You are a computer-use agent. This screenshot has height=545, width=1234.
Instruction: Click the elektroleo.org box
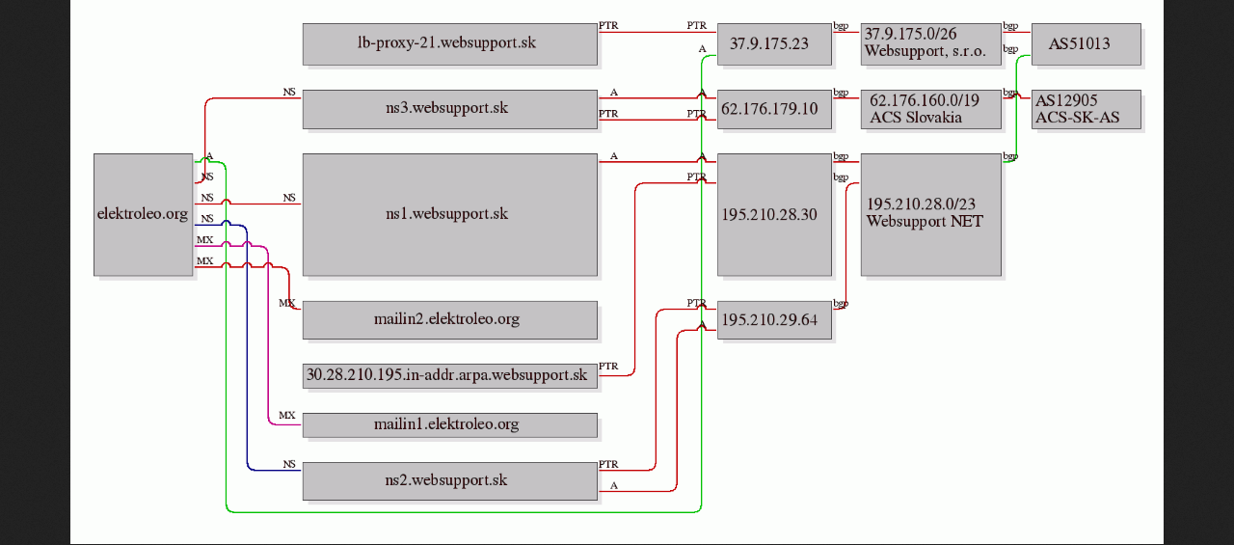[144, 214]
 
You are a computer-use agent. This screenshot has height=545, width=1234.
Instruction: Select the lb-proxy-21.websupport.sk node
[449, 44]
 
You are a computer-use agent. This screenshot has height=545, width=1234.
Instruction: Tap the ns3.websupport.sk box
[449, 109]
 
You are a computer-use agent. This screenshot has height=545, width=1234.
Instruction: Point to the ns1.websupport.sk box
[449, 214]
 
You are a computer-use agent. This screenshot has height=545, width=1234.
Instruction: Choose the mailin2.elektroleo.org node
[449, 319]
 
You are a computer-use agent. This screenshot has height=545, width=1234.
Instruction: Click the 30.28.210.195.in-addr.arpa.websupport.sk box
[449, 376]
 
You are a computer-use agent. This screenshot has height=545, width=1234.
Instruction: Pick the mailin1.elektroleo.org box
[449, 424]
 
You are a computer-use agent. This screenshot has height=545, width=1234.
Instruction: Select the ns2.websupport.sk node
[449, 481]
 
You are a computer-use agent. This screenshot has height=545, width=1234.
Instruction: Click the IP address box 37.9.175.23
[774, 44]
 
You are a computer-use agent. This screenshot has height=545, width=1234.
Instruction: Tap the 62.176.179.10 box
[774, 109]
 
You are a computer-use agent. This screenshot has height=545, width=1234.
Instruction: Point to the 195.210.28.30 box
[774, 214]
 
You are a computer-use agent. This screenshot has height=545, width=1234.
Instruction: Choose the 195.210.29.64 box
[774, 319]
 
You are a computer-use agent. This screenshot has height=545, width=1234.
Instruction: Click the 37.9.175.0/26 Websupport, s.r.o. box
[931, 44]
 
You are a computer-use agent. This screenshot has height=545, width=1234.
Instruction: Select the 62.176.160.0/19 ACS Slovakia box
[931, 109]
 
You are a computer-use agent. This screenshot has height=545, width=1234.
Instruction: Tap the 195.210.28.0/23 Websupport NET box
[931, 214]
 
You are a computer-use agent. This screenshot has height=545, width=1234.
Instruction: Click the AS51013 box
[1086, 44]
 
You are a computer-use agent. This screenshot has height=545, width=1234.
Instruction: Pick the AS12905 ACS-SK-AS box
[1086, 109]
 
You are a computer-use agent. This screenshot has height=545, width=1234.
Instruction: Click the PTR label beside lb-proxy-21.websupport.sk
[608, 25]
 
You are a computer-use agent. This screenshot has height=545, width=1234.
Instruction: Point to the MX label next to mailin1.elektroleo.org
[287, 415]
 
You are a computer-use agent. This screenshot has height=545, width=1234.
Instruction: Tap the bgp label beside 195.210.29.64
[841, 303]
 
